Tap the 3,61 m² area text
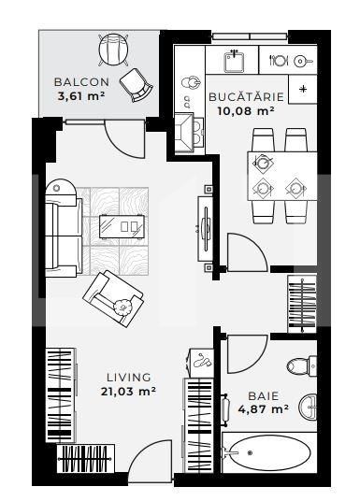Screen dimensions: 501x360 79,95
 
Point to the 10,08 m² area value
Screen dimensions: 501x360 240,110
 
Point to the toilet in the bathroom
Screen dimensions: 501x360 300,366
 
